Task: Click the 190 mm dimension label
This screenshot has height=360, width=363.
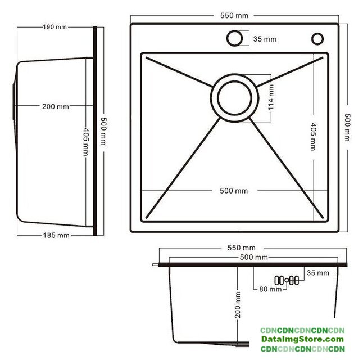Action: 55,27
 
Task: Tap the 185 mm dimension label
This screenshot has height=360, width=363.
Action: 56,235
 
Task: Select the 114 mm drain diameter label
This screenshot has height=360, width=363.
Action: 271,97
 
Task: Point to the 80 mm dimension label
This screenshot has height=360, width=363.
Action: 270,289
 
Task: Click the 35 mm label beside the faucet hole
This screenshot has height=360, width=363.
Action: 265,39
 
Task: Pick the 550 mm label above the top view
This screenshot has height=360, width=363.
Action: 234,16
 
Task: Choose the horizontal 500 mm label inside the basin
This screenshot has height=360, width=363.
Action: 234,191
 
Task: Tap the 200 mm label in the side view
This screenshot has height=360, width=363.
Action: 56,107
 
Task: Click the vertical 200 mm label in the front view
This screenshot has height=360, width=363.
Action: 238,305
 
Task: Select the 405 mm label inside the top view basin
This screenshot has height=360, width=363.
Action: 313,137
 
